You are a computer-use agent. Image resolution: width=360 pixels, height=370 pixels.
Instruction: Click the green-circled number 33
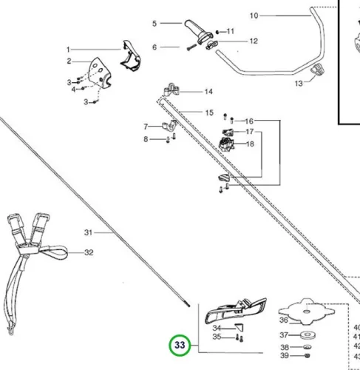point(180,345)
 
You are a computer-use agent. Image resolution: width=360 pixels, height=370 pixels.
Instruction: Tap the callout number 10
point(254,16)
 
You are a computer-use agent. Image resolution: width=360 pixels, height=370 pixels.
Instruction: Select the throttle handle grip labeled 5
point(198,31)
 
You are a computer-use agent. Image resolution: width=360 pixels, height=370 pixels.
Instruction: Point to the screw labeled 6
point(191,47)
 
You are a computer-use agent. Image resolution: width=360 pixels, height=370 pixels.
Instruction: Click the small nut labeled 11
point(217,32)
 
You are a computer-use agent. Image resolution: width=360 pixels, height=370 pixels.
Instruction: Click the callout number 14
point(208,92)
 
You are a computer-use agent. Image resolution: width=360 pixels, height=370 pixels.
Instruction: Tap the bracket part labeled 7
point(169,125)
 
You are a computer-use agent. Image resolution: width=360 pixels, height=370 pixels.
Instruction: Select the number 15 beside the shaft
point(209,112)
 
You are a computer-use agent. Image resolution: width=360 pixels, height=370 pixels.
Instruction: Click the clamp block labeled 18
point(226,144)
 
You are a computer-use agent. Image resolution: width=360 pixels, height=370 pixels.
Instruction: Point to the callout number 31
point(88,232)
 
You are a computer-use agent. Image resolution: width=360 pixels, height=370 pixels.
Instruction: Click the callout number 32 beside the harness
point(89,252)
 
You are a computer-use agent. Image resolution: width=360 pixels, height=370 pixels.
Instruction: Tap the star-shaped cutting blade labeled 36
point(307,312)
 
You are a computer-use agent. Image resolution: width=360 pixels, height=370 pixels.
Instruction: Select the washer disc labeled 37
point(308,335)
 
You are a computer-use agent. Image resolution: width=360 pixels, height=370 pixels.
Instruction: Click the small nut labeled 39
point(308,355)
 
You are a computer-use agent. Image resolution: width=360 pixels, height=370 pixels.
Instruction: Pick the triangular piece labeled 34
point(240,327)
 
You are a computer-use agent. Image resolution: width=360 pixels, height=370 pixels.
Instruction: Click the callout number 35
point(217,337)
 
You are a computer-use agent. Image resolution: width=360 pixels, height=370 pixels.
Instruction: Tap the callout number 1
point(68,50)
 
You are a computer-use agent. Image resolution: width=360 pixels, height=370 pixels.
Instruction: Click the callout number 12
point(254,41)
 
